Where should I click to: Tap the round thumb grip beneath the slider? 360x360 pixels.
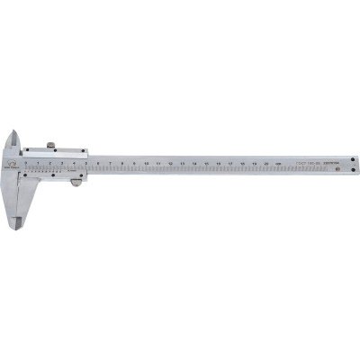(76, 183)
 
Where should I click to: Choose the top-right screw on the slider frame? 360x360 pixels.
(83, 151)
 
